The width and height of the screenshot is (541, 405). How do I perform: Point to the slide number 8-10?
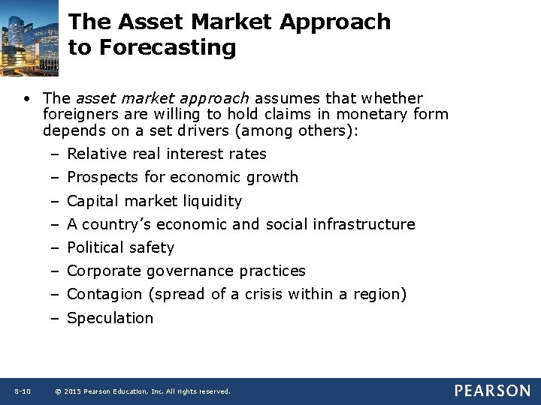[22, 391]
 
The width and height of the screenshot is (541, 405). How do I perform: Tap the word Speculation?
[110, 318]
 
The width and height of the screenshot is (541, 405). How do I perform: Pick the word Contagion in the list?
[104, 294]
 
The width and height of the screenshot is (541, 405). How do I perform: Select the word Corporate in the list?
[104, 271]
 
